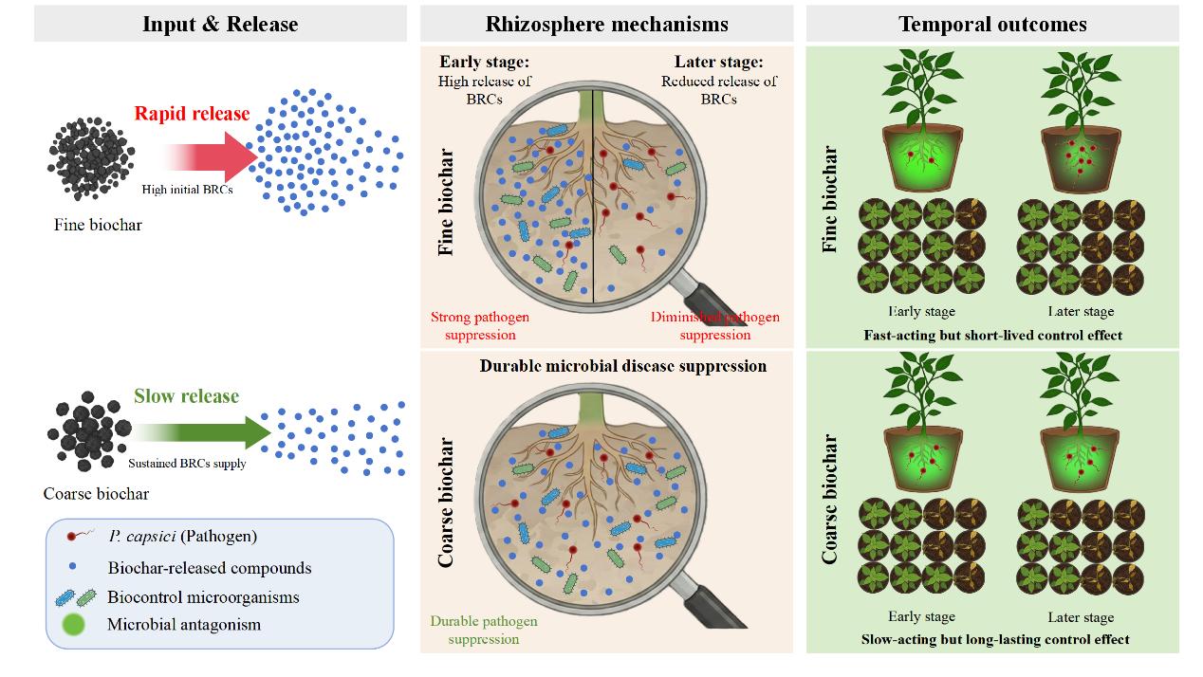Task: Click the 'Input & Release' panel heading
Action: (220, 24)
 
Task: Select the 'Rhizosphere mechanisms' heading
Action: (606, 24)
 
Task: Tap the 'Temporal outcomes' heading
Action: (992, 24)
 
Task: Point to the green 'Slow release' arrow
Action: (204, 432)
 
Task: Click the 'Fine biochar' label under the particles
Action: (97, 225)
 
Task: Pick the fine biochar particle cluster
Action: (92, 158)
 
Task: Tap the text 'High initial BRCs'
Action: (188, 190)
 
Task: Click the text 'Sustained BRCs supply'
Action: (187, 464)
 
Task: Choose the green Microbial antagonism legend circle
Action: (73, 625)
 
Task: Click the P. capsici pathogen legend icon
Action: (77, 537)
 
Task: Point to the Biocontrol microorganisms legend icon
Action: (76, 597)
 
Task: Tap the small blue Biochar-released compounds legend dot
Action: (72, 568)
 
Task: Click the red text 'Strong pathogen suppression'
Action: (480, 325)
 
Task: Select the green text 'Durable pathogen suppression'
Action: (484, 630)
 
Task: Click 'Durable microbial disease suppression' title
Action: (622, 366)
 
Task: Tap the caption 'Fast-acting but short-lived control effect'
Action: (992, 335)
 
